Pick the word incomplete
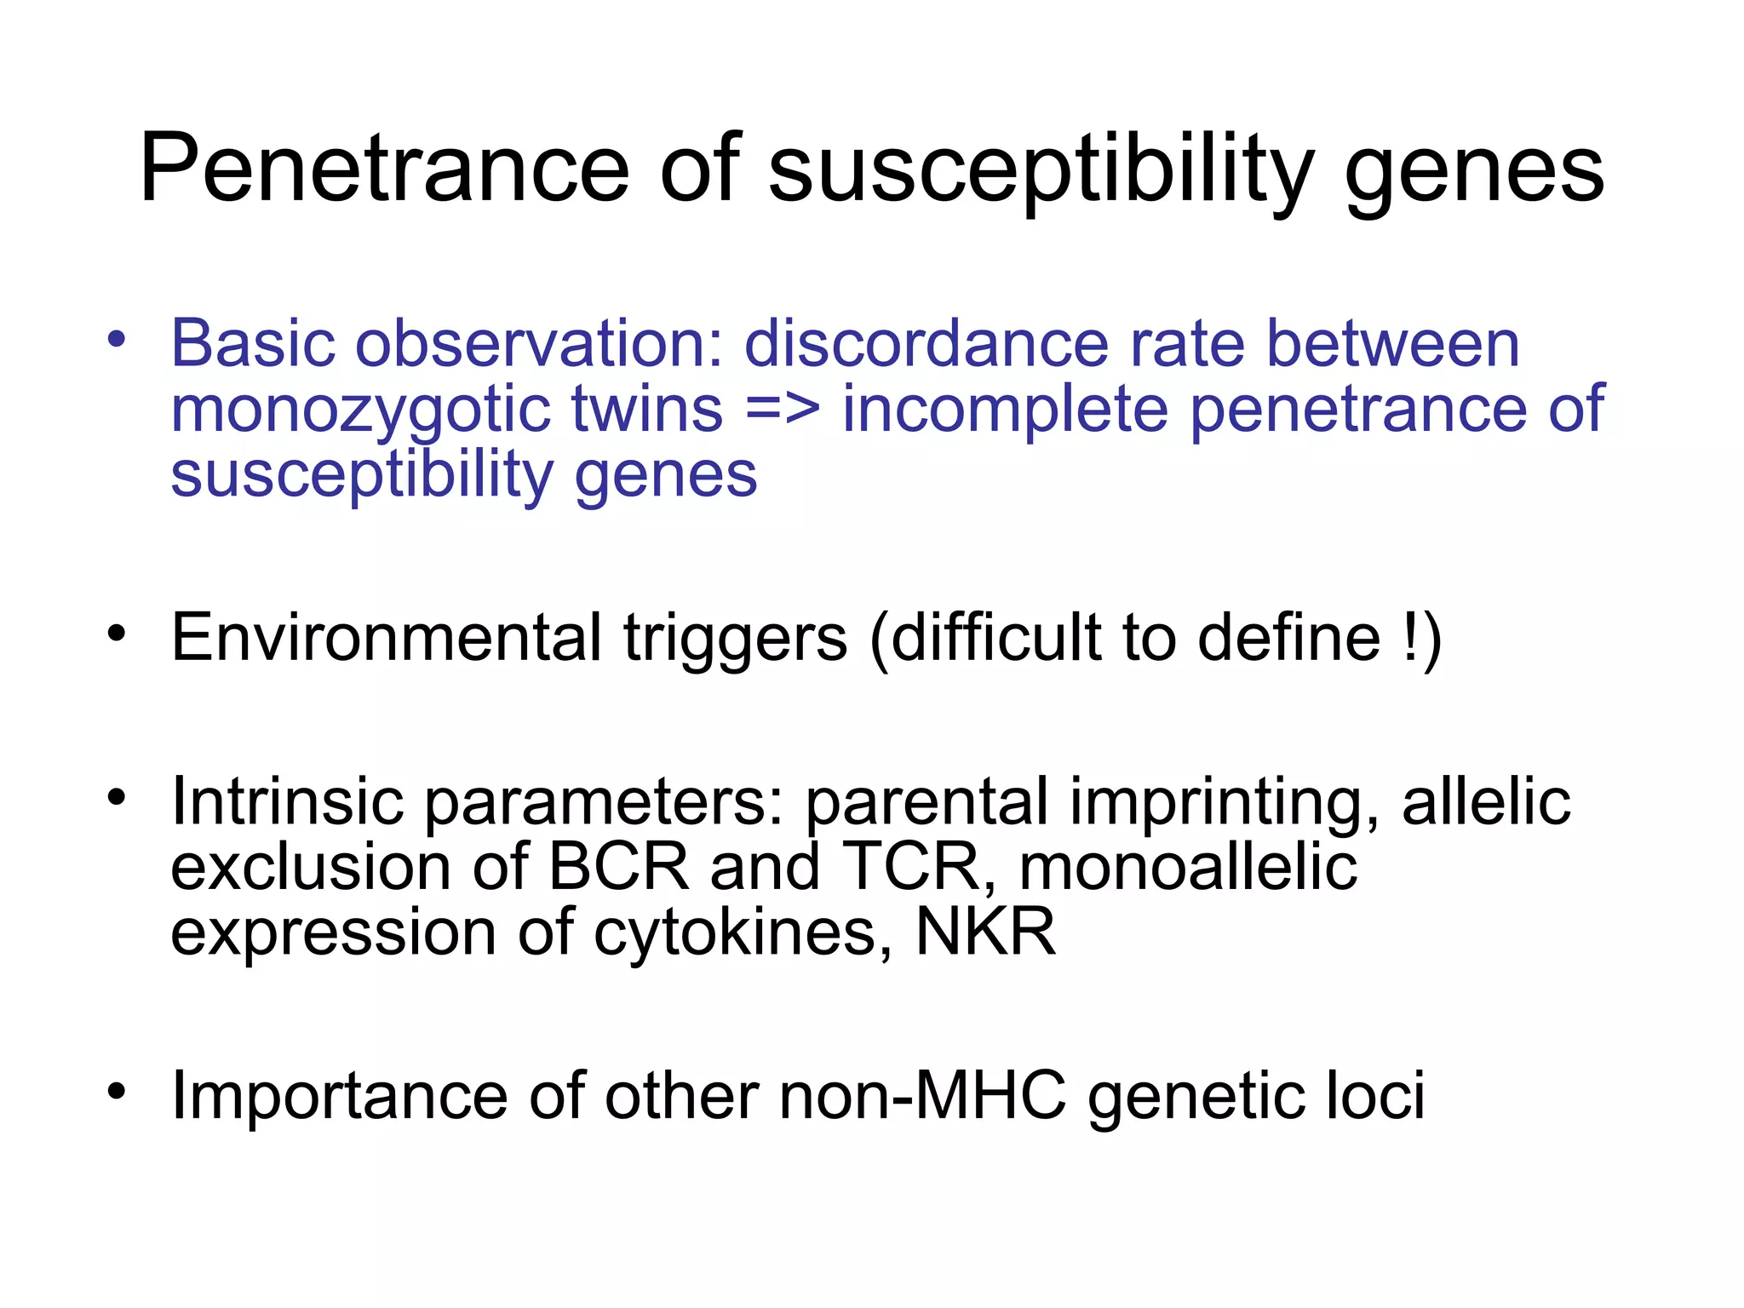tap(1005, 410)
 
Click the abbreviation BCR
tap(618, 866)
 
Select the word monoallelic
tap(1187, 866)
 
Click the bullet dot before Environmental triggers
tap(117, 633)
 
